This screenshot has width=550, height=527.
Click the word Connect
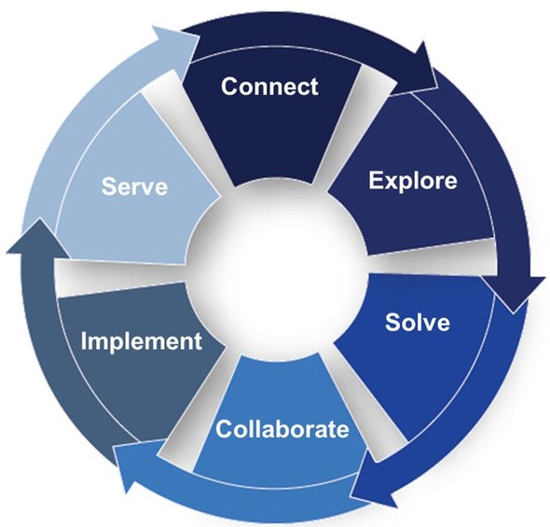(x=269, y=87)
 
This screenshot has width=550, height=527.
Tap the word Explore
(x=413, y=181)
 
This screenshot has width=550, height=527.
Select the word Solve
(x=418, y=322)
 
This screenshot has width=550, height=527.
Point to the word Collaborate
(x=282, y=429)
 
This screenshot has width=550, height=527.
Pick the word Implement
(x=142, y=341)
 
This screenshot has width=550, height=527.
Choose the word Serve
(x=134, y=186)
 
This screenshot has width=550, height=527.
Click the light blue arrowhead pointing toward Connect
(x=177, y=48)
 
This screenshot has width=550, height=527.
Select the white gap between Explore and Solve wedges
(x=432, y=257)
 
